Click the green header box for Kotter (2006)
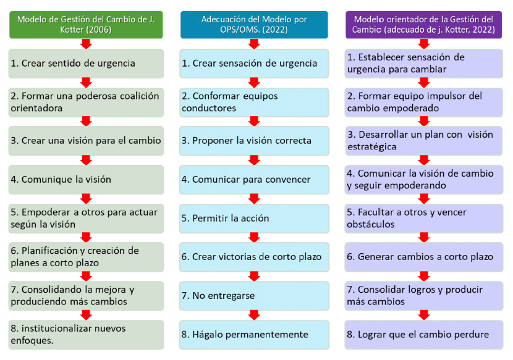[x=86, y=25]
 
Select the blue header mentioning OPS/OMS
[x=254, y=25]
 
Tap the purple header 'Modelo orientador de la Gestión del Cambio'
[x=423, y=25]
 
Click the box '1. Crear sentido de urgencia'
[x=86, y=64]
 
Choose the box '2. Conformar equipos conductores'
[x=254, y=103]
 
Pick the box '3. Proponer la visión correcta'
[x=254, y=141]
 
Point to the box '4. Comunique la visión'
[x=86, y=180]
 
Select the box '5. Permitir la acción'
[x=254, y=219]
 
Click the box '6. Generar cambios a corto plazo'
[x=423, y=257]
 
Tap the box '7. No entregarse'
[x=254, y=296]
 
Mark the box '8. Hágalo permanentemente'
[x=254, y=335]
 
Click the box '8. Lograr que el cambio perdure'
[x=423, y=335]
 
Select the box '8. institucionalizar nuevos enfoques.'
[x=86, y=335]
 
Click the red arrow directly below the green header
[x=86, y=44]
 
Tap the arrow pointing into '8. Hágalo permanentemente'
[x=254, y=315]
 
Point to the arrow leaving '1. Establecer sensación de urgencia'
[x=423, y=83]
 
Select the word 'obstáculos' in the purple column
[x=371, y=224]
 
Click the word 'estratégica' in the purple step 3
[x=372, y=147]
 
